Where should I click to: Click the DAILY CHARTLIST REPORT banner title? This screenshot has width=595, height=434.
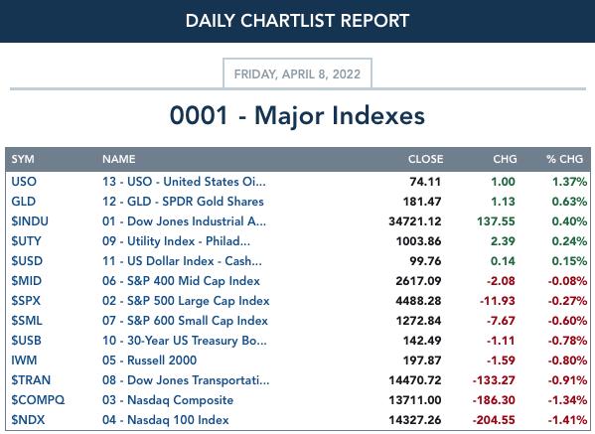tap(297, 21)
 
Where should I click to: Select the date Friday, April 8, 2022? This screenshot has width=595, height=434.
tap(297, 73)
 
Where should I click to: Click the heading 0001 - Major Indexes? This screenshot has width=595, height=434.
tap(297, 115)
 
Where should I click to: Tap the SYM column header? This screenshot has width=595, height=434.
tap(23, 159)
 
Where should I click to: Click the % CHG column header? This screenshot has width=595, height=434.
tap(564, 159)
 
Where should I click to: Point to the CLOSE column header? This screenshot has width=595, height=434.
tap(425, 159)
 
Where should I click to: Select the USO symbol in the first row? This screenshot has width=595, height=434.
tap(24, 182)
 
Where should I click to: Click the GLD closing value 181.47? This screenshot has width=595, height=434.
tap(422, 202)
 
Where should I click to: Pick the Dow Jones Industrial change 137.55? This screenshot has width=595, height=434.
tap(496, 221)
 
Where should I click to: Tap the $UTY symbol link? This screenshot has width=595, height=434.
tap(26, 241)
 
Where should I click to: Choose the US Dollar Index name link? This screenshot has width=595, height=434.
tap(182, 261)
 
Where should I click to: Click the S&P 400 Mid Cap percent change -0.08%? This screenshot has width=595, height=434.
tap(567, 281)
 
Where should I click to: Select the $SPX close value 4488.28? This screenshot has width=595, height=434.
tap(418, 301)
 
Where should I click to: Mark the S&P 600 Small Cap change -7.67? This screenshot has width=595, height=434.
tap(501, 321)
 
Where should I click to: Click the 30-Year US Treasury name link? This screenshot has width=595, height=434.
tap(185, 341)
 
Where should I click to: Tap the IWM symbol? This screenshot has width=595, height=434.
tap(24, 361)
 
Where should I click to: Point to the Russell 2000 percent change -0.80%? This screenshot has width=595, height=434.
tap(567, 361)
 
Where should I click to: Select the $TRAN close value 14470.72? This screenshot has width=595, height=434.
tap(415, 380)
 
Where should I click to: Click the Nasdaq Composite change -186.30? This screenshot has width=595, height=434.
tap(494, 400)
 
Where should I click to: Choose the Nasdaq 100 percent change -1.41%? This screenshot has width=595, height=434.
tap(567, 419)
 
